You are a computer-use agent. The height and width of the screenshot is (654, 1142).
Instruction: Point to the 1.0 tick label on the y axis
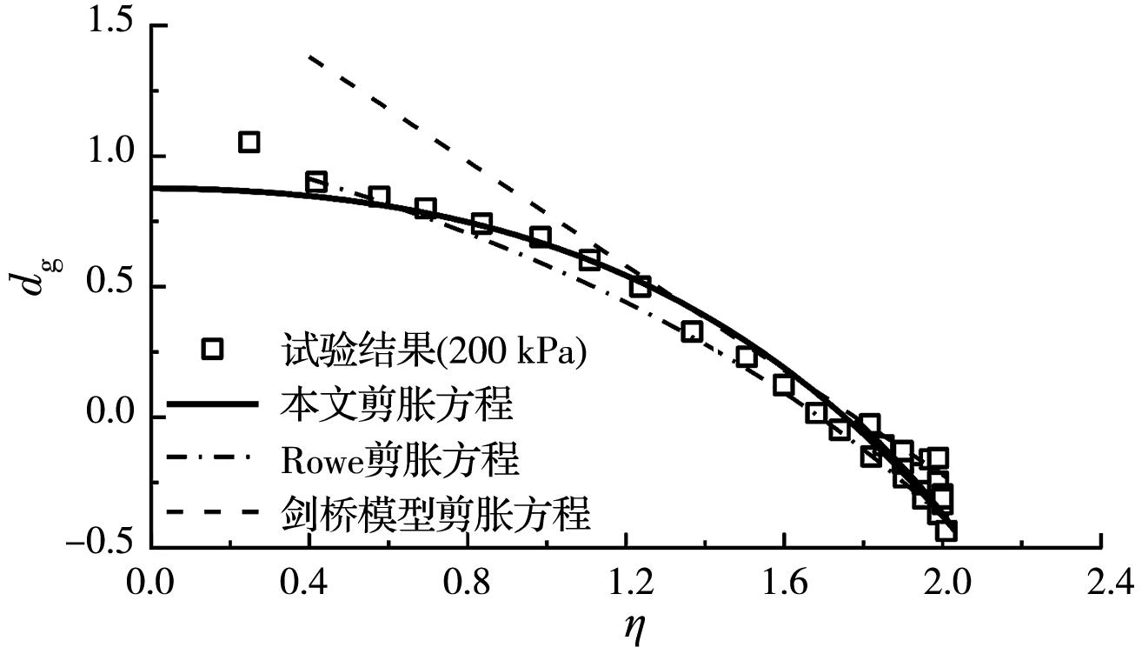point(110,155)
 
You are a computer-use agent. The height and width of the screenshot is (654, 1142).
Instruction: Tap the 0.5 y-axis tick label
point(110,285)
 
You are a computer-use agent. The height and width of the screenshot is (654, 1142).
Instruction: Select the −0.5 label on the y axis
point(102,545)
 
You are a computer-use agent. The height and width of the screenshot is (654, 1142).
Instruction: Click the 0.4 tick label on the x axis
point(309,581)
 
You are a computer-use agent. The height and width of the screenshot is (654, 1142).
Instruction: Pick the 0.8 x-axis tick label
point(467,581)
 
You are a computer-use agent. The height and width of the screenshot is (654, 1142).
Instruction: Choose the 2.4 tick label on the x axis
point(1100,581)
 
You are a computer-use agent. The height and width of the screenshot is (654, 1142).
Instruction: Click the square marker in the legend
point(212,349)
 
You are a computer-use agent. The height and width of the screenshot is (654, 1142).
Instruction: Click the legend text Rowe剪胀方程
point(401,458)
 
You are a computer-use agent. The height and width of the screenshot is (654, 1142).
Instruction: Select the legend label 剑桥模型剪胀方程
point(436,512)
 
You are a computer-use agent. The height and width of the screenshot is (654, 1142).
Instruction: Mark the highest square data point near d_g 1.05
point(249,142)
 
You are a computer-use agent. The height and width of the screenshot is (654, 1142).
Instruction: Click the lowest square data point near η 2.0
point(946,531)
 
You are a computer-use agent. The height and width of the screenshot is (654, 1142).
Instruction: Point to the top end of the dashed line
point(309,56)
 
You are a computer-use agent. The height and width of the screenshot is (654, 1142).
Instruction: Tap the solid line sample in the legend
point(212,404)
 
